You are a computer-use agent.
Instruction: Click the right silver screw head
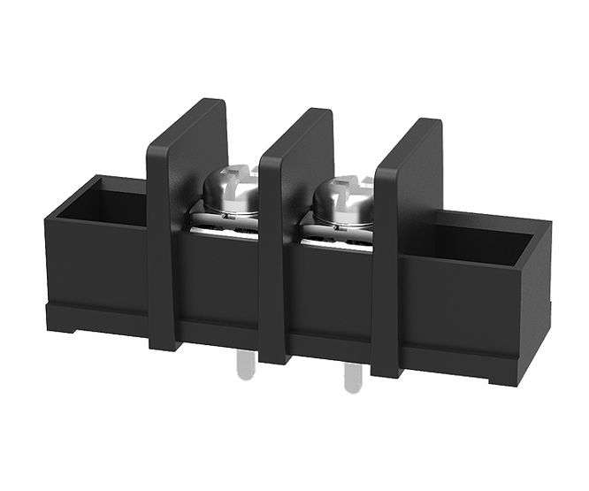[x=340, y=197]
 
